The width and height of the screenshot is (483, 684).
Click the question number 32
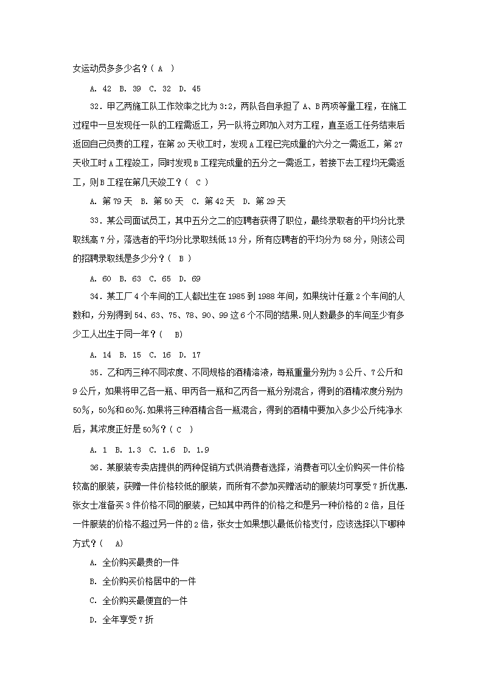tap(96, 106)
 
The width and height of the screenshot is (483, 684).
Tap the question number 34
tap(96, 297)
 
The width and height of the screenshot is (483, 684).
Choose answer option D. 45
tap(190, 88)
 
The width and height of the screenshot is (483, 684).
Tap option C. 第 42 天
tap(212, 202)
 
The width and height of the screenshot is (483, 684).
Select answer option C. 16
tap(160, 354)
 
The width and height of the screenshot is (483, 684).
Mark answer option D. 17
tap(190, 354)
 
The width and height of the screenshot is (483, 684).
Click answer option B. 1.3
tap(130, 450)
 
